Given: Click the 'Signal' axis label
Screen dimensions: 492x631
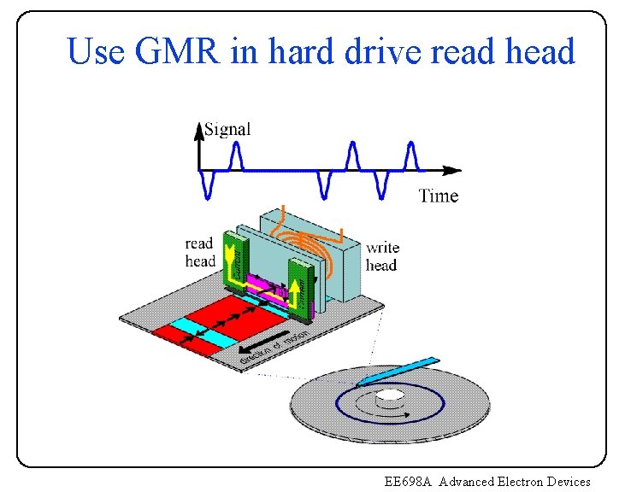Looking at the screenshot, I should click(x=227, y=129).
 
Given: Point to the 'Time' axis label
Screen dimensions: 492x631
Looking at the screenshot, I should click(x=439, y=196).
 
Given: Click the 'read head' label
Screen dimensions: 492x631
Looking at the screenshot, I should click(x=199, y=253).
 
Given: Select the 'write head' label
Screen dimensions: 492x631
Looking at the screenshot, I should click(x=382, y=256).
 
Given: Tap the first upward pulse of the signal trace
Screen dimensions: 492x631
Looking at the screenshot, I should click(x=236, y=155).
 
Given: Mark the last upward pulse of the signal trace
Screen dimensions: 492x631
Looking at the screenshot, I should click(x=411, y=155).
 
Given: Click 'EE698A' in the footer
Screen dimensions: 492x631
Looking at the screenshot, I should click(x=410, y=482).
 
